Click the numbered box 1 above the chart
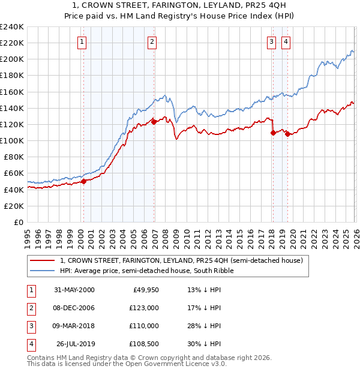pyautogui.click(x=82, y=41)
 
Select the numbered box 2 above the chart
pyautogui.click(x=152, y=41)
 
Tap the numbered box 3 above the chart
pyautogui.click(x=271, y=41)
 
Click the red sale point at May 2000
pyautogui.click(x=84, y=181)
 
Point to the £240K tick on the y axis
pyautogui.click(x=12, y=27)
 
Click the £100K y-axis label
pyautogui.click(x=12, y=140)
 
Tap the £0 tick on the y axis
pyautogui.click(x=19, y=222)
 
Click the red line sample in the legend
pyautogui.click(x=43, y=260)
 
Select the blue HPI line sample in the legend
pyautogui.click(x=43, y=271)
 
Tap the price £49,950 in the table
pyautogui.click(x=146, y=290)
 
